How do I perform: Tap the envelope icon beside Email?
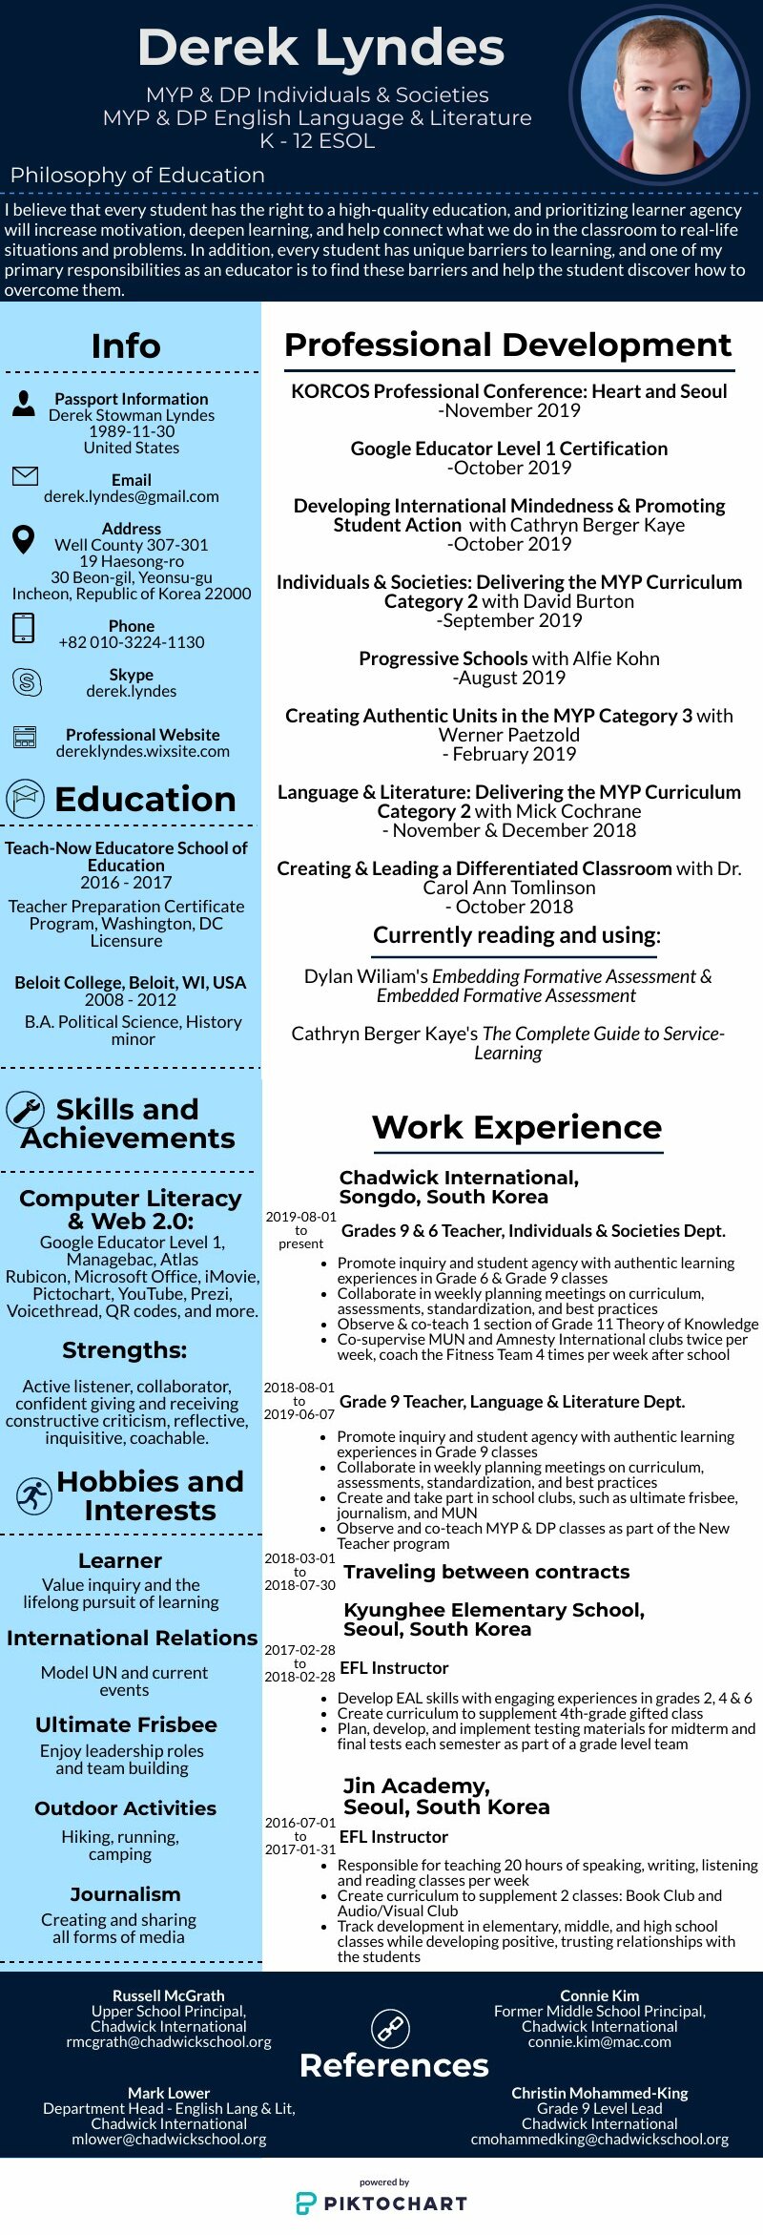25,476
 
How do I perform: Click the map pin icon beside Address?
24,539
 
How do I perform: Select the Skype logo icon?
26,682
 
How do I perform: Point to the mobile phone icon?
24,628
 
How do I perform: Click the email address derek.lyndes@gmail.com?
132,496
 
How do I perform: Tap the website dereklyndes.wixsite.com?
143,751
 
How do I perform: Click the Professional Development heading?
508,345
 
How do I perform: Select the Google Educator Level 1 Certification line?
509,449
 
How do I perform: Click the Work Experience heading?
517,1127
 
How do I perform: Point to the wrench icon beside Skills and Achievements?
26,1109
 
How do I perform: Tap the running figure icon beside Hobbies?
33,1495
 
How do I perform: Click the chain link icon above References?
390,2028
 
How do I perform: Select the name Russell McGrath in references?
169,1995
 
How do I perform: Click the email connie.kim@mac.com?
600,2041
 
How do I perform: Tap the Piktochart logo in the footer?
381,2203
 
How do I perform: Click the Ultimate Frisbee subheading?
126,1724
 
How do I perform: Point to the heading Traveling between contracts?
486,1572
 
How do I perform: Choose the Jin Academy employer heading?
446,1796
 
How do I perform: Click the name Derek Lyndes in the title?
321,48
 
